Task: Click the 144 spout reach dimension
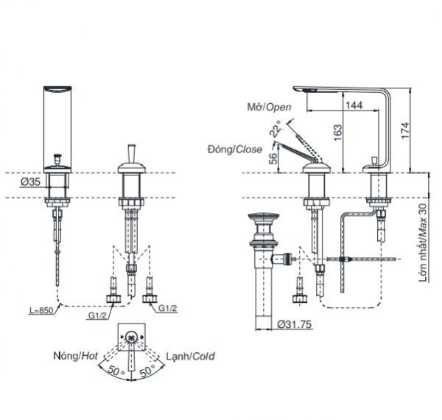[354, 105]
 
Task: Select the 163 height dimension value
[337, 133]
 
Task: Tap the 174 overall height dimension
[405, 130]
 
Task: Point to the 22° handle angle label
[275, 128]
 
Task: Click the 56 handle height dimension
[273, 158]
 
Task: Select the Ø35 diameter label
[30, 182]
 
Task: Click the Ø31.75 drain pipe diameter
[295, 324]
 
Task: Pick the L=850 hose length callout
[41, 310]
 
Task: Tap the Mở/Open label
[269, 107]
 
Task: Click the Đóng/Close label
[235, 149]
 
